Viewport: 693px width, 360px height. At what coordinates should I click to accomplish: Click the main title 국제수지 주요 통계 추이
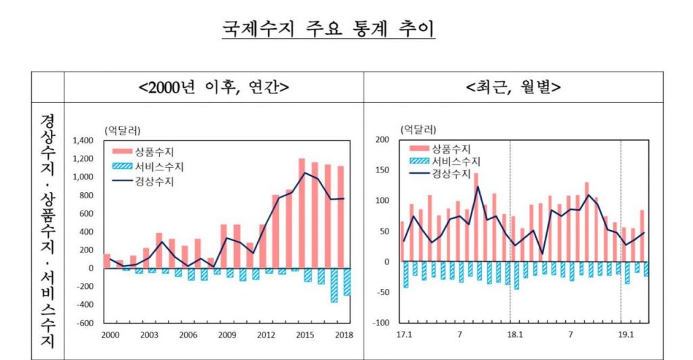coord(328,29)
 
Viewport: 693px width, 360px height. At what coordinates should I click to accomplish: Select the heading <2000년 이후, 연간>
coord(213,87)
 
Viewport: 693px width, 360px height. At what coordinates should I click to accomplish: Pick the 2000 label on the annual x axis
coord(110,335)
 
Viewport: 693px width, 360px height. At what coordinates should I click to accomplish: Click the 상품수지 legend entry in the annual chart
coord(156,152)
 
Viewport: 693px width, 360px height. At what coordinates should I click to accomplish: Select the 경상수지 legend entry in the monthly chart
coord(451,173)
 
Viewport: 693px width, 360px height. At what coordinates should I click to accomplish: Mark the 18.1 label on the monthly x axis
coord(516,335)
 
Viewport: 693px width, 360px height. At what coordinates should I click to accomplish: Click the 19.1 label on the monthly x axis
coord(627,335)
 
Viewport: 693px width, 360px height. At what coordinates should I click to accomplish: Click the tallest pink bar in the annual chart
coord(302,213)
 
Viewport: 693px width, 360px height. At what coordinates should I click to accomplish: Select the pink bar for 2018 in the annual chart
coord(340,217)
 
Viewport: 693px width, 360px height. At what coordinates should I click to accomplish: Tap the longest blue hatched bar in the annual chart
coord(334,285)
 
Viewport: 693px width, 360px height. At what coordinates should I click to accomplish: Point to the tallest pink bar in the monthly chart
coord(476,217)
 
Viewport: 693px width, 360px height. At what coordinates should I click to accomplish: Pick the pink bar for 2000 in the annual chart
coord(107,261)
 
